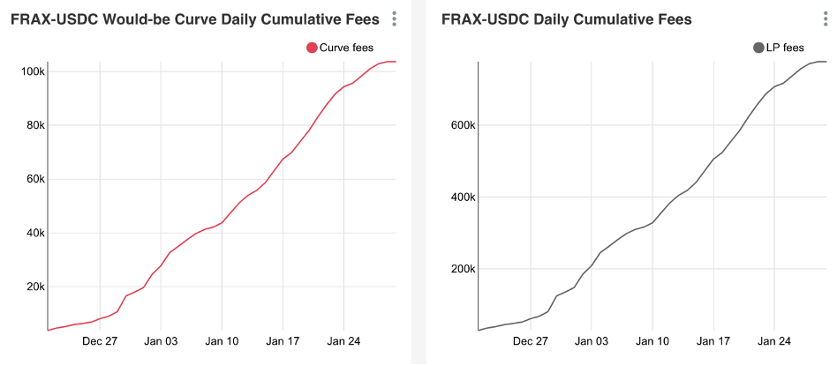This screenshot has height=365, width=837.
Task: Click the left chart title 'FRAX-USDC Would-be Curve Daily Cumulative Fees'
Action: [x=195, y=19]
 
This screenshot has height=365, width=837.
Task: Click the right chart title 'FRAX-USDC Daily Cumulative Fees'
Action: [x=566, y=19]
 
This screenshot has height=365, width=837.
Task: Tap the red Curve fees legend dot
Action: [x=312, y=48]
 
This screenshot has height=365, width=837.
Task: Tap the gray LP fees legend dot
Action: [x=758, y=48]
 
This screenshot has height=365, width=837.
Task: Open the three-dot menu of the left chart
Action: [x=395, y=19]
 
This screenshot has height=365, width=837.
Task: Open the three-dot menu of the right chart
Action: [x=826, y=19]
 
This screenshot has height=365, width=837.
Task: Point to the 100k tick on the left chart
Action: [x=32, y=71]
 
